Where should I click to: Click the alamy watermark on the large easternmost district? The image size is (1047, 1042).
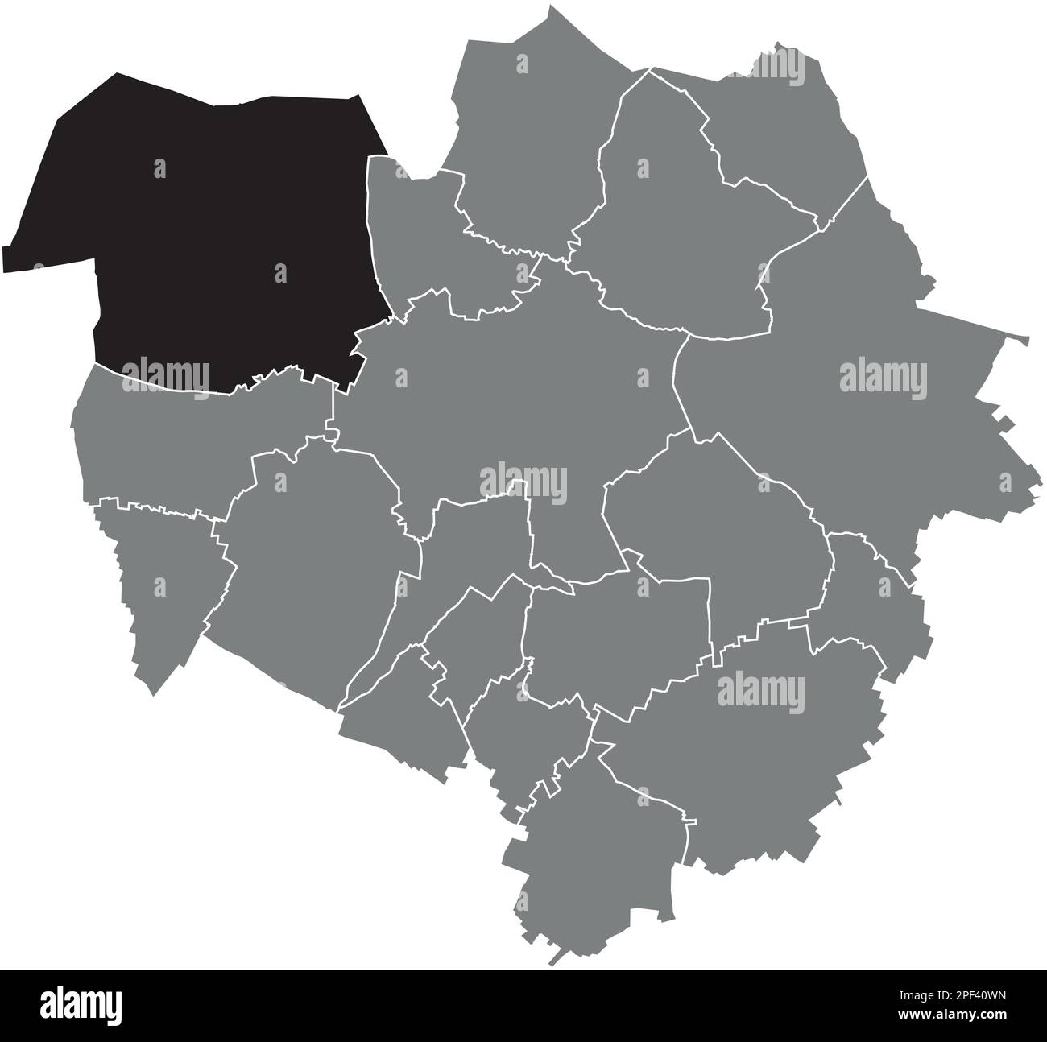[884, 378]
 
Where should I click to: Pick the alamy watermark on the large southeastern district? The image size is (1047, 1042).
[760, 691]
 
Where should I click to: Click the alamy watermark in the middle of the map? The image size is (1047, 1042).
[523, 483]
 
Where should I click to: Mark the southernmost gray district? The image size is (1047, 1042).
[596, 854]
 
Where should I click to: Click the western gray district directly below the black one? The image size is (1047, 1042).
[201, 435]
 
